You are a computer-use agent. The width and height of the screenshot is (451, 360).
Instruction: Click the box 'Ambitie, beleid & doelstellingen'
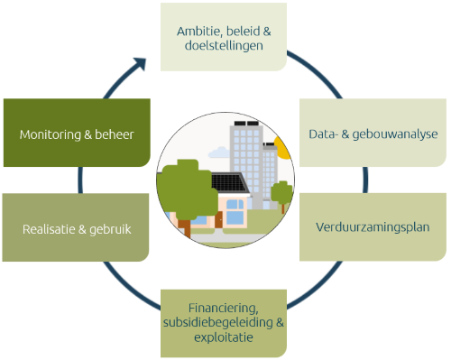[224, 37]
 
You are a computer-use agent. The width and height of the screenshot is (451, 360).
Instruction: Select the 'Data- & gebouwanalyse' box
[373, 134]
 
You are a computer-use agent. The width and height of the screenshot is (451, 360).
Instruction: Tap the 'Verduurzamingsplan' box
[373, 226]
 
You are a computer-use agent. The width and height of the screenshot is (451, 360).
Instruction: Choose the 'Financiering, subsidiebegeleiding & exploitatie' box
[224, 321]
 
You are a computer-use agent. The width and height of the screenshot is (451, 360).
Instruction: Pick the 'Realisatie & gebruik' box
[76, 227]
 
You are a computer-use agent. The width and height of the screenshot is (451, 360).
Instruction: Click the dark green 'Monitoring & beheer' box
[76, 134]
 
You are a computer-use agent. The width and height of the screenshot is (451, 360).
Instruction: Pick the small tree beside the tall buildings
[282, 192]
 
